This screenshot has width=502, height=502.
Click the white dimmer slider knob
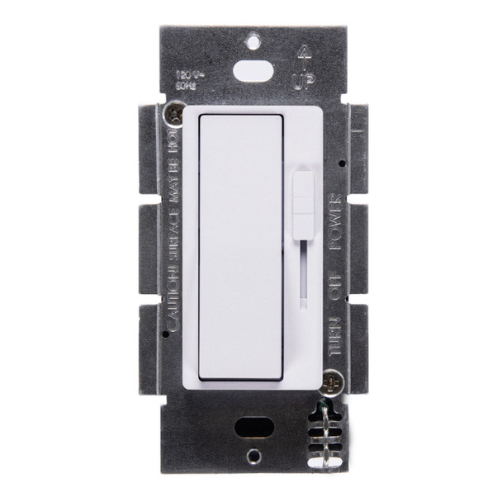(303, 197)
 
